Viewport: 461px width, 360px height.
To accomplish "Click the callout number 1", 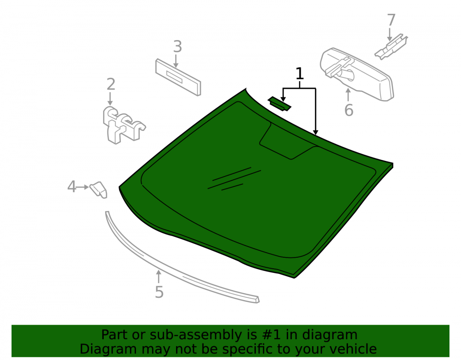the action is [x=299, y=73].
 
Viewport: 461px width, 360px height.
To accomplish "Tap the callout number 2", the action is [x=111, y=84].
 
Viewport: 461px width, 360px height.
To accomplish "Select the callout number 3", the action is [x=177, y=47].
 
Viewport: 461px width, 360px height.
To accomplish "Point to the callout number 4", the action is [x=71, y=187].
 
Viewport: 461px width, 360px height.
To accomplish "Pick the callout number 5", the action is [x=159, y=292].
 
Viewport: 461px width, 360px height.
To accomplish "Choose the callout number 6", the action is [x=349, y=110].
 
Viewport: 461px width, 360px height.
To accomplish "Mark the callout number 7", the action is [x=391, y=20].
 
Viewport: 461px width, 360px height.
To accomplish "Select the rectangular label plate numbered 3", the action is [x=178, y=77].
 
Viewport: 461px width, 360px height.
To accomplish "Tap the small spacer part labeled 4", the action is [x=99, y=189].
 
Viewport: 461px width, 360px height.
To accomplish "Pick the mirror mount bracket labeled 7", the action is [x=391, y=47].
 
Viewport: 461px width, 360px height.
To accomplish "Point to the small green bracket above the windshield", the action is [x=279, y=104].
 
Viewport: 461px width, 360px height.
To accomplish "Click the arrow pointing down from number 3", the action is [x=176, y=61].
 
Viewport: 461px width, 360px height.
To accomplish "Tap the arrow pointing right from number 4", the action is [x=83, y=187].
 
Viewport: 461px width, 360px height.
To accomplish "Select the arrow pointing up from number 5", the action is [x=159, y=277].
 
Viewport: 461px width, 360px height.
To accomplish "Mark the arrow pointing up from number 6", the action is [x=349, y=94].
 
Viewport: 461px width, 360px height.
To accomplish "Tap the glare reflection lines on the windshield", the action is [x=234, y=179].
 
